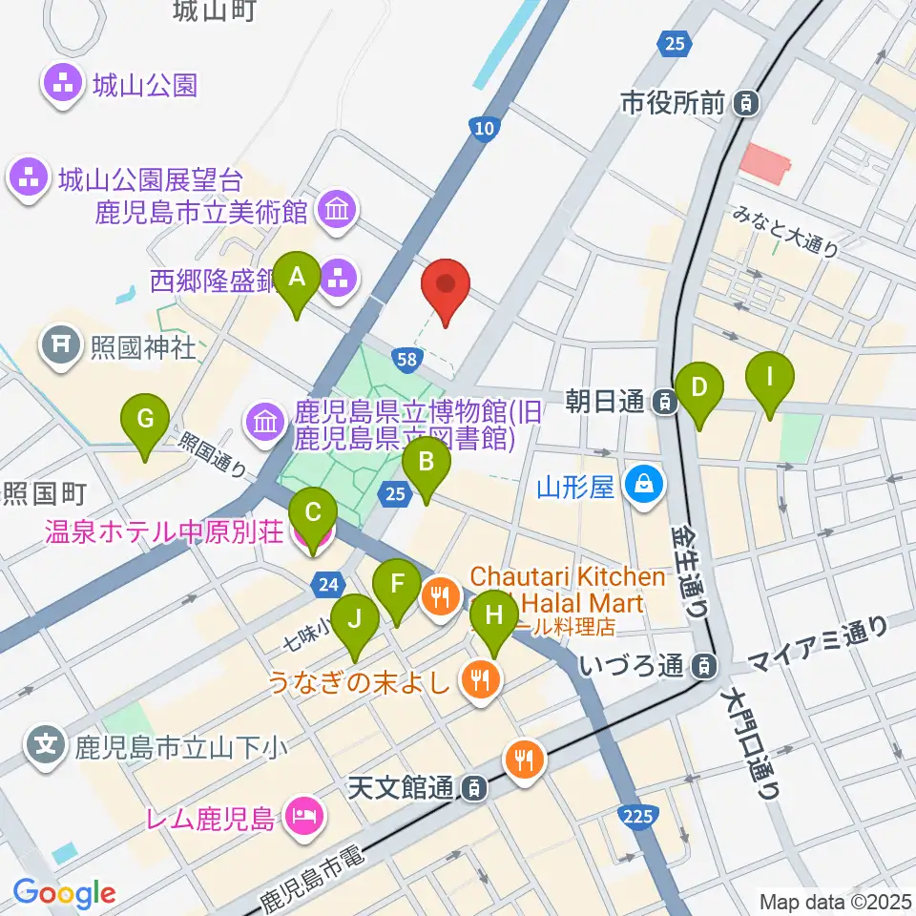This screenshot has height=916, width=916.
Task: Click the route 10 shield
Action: pos(485,127)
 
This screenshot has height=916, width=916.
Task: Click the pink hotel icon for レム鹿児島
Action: pos(307,817)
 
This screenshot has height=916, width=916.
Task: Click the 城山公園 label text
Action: pos(145,86)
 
